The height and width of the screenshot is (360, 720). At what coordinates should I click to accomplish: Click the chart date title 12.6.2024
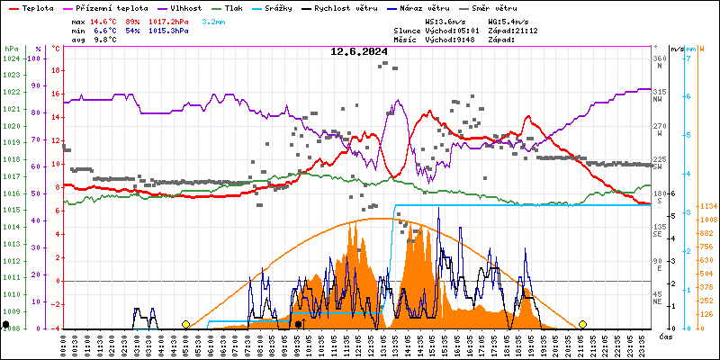point(359,51)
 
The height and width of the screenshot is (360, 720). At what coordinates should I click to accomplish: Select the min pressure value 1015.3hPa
point(168,30)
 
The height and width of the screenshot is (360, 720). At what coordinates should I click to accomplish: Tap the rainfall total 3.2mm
point(213,20)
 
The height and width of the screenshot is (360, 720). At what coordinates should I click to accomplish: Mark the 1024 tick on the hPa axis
point(12,58)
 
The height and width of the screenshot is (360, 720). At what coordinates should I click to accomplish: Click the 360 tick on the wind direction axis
point(660,58)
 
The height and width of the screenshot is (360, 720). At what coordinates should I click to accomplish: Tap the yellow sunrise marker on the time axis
point(186,324)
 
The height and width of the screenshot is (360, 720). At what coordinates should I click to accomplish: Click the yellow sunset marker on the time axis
point(582,324)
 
